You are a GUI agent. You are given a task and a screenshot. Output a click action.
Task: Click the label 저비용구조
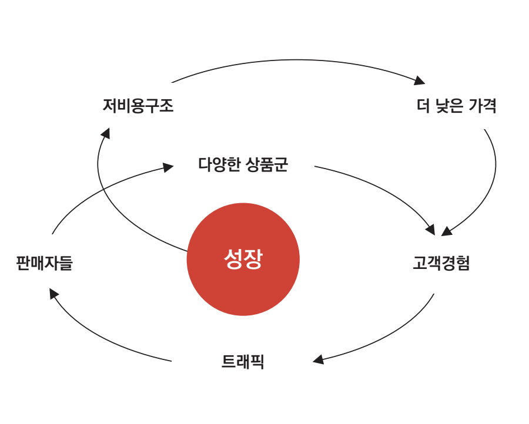[138, 106]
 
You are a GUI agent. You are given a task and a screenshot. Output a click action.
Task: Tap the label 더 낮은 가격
[456, 106]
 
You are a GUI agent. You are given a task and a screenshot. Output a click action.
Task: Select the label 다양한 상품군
[243, 164]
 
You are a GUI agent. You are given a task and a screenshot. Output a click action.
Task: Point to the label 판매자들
[44, 263]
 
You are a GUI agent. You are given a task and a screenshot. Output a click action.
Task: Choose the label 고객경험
[441, 263]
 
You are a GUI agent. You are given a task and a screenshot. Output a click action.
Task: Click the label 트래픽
[243, 362]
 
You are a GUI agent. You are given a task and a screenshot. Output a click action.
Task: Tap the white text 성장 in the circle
[243, 259]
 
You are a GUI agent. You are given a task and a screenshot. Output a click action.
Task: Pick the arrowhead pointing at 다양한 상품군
[168, 167]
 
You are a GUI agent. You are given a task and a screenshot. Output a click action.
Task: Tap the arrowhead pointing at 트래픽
[318, 359]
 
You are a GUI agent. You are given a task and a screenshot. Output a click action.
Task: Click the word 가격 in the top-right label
[484, 106]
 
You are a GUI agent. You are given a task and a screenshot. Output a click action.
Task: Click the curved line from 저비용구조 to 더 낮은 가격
[294, 60]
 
